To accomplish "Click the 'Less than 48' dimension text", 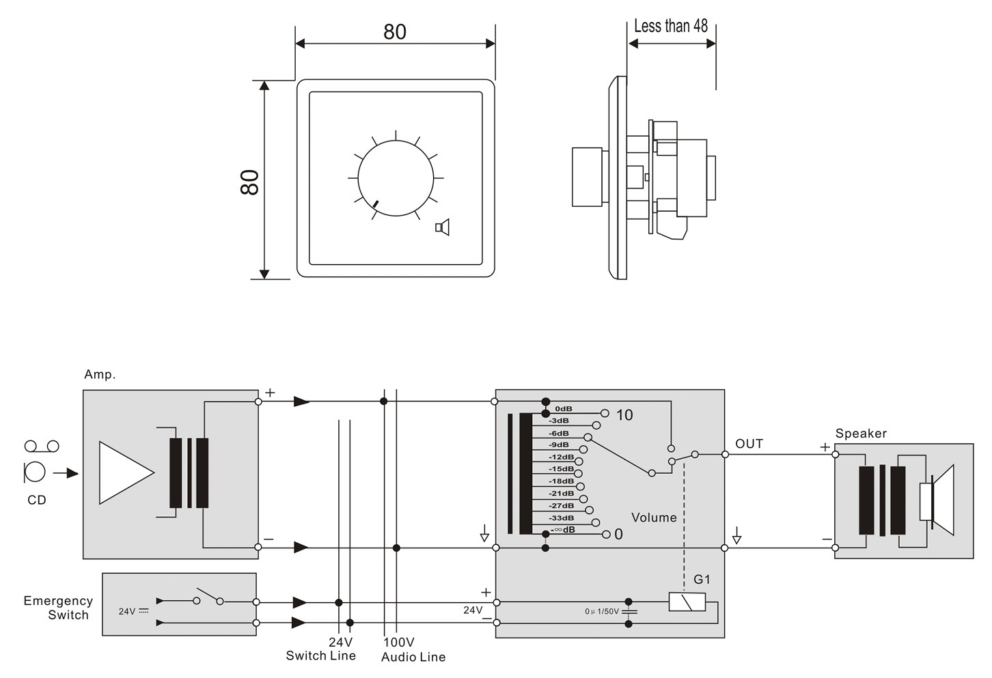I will [x=670, y=27].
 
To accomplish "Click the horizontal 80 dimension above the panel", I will [x=395, y=32].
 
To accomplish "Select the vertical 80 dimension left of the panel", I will [x=250, y=182].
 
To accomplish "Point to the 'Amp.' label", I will [x=100, y=375].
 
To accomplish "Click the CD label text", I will [x=37, y=500].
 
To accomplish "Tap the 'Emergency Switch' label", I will [x=58, y=608].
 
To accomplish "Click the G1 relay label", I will [x=702, y=580].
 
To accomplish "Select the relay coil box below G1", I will [x=687, y=602].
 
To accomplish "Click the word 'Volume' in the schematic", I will [x=654, y=518].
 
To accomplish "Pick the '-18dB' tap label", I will [x=561, y=481].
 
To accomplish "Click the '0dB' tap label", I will [x=564, y=409].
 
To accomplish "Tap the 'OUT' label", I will [x=749, y=444].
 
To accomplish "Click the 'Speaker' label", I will [x=861, y=434].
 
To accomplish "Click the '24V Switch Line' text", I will [x=321, y=649].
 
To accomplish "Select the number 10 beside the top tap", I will [x=624, y=415].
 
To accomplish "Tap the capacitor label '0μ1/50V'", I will [x=601, y=612].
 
